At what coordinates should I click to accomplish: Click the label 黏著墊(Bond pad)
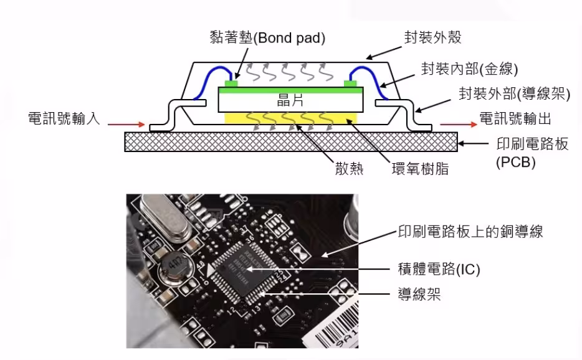(267, 38)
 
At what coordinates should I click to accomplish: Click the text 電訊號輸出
(515, 118)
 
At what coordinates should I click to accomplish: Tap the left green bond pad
(231, 82)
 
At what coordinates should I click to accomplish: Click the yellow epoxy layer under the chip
(290, 118)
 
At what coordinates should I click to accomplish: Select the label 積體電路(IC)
(440, 269)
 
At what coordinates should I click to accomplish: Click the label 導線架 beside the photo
(419, 294)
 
